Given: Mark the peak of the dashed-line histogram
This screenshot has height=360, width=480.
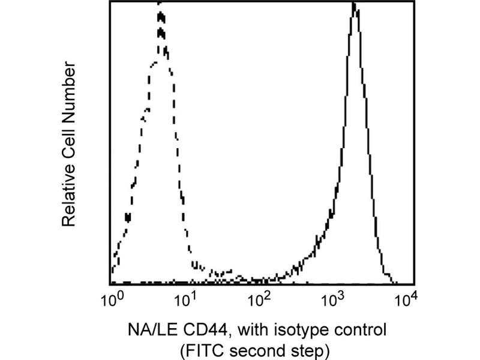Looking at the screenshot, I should (x=160, y=4).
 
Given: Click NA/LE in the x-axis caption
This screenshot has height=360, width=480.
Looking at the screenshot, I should (x=148, y=329).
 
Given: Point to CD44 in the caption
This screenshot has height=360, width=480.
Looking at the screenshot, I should (x=194, y=329).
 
